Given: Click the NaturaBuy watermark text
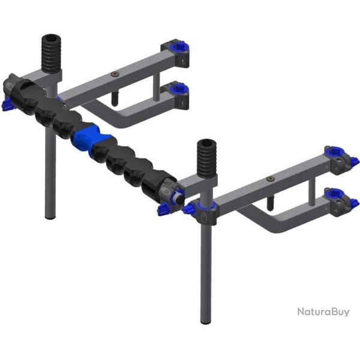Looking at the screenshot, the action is pos(323,312).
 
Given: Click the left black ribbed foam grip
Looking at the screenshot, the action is pos(51,53).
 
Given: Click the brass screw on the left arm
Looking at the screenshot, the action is pos(114,74).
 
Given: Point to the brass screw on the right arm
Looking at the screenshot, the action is pos(270,179).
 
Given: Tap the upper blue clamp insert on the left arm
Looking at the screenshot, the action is pos(180,46).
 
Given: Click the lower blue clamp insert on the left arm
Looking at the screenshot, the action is pos(180,89).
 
